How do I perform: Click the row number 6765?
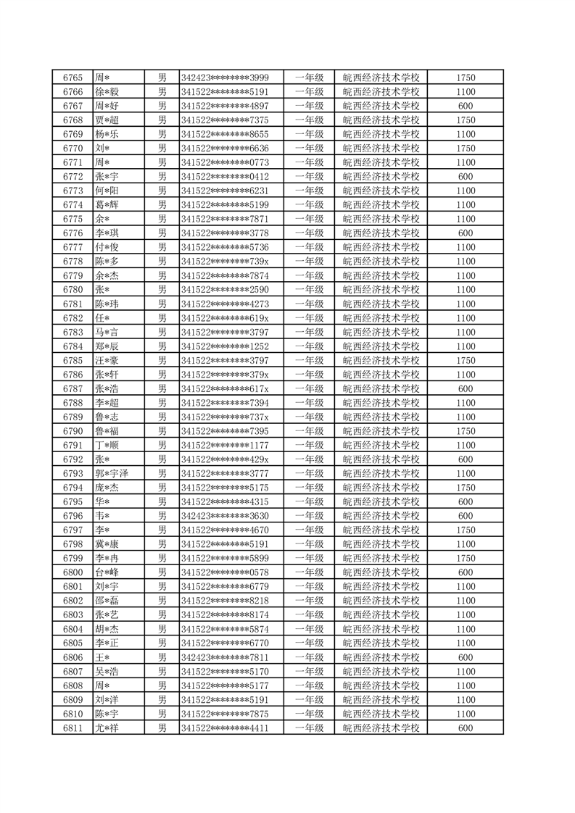[x=73, y=78]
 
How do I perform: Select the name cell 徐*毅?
[x=107, y=92]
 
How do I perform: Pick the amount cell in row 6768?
[x=466, y=120]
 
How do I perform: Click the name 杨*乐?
[x=107, y=134]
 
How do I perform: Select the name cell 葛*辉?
[x=107, y=205]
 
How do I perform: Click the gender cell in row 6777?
[x=162, y=247]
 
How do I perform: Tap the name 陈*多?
[x=107, y=262]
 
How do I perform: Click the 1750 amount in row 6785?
[x=466, y=361]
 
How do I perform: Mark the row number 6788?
[x=73, y=403]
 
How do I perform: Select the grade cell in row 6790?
[x=309, y=431]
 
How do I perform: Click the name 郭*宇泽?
[x=112, y=474]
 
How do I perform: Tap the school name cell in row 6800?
[x=381, y=572]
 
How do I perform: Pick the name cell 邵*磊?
[x=107, y=601]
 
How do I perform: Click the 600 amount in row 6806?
[x=466, y=657]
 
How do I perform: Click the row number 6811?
[x=73, y=728]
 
